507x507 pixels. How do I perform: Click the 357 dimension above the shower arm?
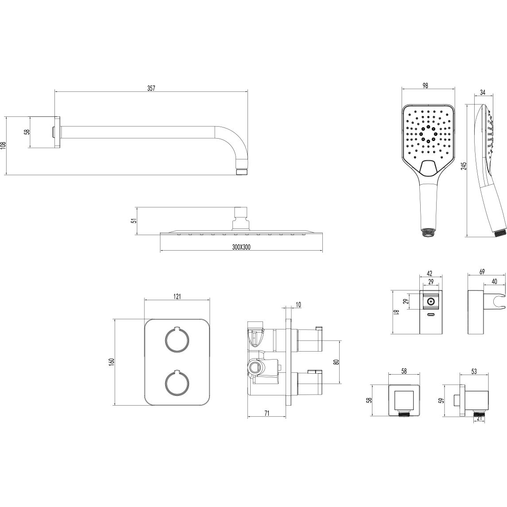(151, 88)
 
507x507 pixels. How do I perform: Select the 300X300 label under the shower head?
(241, 247)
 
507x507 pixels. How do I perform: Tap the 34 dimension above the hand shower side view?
(482, 93)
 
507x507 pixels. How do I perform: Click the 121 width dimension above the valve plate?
(177, 297)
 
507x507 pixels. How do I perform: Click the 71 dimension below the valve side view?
(267, 413)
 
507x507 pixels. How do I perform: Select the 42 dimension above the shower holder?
(429, 274)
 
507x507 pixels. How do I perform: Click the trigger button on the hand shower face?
(428, 168)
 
